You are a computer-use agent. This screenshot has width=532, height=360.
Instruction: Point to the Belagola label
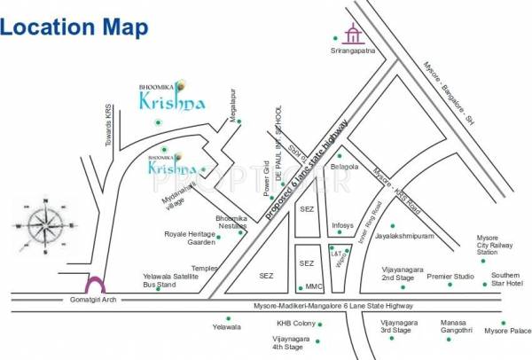coord(344,166)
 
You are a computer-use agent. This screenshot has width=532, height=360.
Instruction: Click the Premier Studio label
coord(450,277)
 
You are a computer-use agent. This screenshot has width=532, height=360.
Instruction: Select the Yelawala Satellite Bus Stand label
coord(168,280)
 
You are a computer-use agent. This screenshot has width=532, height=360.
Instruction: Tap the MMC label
coord(314,286)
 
